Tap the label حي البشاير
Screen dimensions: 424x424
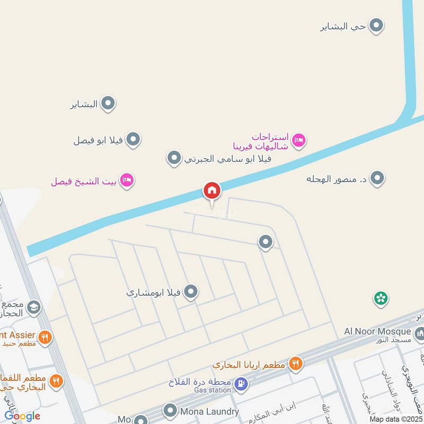tap(343, 26)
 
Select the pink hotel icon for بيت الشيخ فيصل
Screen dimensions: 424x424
tap(127, 181)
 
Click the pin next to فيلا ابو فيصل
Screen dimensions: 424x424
tap(134, 140)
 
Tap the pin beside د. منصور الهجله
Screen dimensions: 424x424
tap(377, 178)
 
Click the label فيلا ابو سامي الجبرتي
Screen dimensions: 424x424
tap(227, 158)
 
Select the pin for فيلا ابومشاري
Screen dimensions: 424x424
tap(191, 291)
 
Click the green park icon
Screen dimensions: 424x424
tap(381, 298)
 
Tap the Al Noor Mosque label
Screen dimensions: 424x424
tap(377, 331)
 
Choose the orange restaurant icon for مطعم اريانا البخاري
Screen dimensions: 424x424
tap(296, 364)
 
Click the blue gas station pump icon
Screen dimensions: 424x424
tap(241, 383)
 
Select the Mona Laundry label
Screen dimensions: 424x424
tap(209, 411)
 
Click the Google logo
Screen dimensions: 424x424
tap(22, 416)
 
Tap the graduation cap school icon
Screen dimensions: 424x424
tap(33, 308)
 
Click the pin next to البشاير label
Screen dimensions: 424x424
tap(108, 104)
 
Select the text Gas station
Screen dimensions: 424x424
tap(212, 390)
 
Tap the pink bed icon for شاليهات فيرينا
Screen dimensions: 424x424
tap(299, 140)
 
